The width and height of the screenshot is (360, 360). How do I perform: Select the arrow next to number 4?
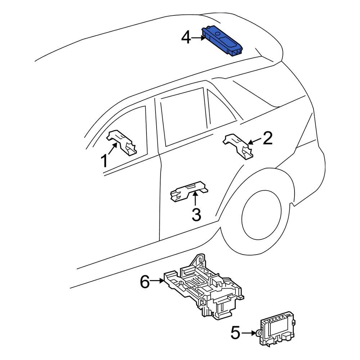coord(197,37)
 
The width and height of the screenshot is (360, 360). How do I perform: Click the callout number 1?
coord(104,161)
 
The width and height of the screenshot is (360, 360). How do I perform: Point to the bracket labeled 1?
coord(122,142)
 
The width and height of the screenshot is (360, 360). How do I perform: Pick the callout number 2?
coord(268,138)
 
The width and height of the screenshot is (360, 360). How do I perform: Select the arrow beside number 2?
coord(255,141)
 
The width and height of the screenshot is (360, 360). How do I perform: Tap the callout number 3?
coord(196,215)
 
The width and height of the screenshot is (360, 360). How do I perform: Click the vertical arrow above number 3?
coord(195,199)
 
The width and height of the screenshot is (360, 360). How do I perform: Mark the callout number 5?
coord(235,333)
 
